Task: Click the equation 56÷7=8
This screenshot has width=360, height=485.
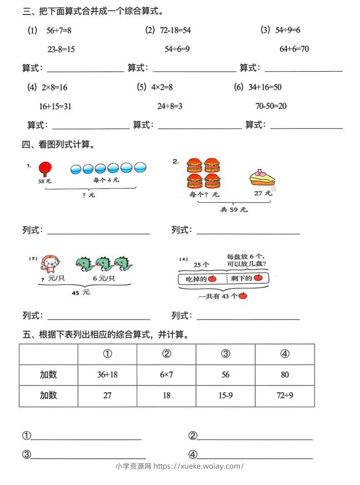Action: [x=59, y=30]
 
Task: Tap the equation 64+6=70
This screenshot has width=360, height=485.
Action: [x=294, y=49]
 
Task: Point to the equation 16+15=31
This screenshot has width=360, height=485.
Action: [x=55, y=107]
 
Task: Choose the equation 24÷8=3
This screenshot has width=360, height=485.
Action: [x=170, y=107]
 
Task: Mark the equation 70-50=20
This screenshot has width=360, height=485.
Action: [x=271, y=107]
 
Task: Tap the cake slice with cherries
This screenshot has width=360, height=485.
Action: [x=261, y=178]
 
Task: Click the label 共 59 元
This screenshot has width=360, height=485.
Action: [x=234, y=210]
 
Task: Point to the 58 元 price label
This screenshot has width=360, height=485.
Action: [x=44, y=181]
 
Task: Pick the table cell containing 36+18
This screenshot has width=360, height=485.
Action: [x=107, y=375]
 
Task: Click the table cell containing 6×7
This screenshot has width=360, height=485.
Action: [x=167, y=375]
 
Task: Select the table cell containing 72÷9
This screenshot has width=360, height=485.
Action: [x=285, y=396]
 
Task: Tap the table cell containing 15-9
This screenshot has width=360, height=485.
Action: [x=226, y=396]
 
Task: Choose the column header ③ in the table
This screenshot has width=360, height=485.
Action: [x=226, y=354]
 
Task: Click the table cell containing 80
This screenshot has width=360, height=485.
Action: [x=285, y=375]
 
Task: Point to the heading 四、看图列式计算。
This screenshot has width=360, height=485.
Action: [x=58, y=145]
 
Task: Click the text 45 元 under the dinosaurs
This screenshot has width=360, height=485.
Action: [x=81, y=293]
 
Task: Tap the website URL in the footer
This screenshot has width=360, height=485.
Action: [x=199, y=466]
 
